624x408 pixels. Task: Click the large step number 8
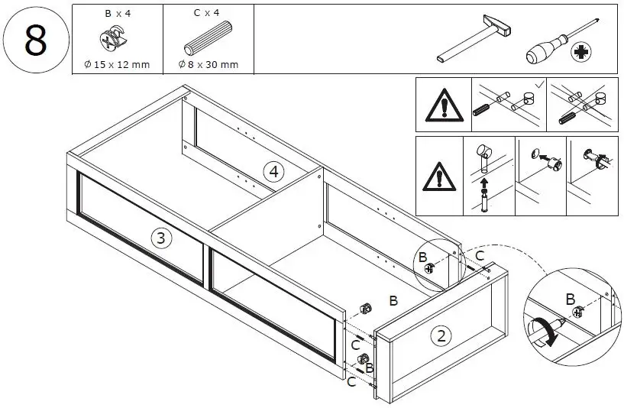click(35, 40)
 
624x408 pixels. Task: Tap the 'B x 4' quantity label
click(116, 14)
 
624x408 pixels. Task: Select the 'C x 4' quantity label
click(208, 14)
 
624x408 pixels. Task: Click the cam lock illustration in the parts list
click(115, 39)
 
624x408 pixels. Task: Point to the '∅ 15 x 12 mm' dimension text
click(116, 64)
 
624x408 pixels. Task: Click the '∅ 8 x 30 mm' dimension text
click(208, 64)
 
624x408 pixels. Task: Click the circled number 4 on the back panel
click(273, 171)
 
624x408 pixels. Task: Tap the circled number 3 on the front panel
click(160, 238)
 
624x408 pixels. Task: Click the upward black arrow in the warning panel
click(483, 183)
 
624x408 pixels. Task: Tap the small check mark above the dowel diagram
click(539, 83)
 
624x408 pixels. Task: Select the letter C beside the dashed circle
click(480, 255)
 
